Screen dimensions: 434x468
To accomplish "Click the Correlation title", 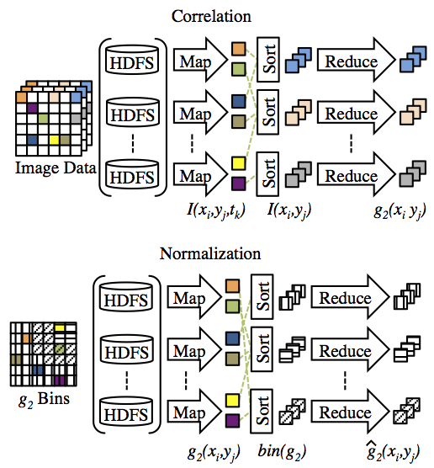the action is pyautogui.click(x=211, y=16).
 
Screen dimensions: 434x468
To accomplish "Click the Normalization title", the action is pyautogui.click(x=210, y=253).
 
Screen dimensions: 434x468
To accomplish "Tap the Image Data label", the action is pyautogui.click(x=56, y=168).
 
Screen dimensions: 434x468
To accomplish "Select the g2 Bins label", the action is pyautogui.click(x=44, y=399).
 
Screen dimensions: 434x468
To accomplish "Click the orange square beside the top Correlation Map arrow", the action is pyautogui.click(x=239, y=49).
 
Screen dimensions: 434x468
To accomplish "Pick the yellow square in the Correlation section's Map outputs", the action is pyautogui.click(x=239, y=163).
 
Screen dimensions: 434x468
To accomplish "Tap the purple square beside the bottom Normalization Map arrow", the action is pyautogui.click(x=232, y=421).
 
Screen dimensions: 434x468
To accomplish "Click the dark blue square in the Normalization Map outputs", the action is pyautogui.click(x=232, y=338).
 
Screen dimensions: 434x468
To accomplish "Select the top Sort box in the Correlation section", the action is pyautogui.click(x=268, y=59).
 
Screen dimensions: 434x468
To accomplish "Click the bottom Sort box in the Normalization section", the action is pyautogui.click(x=262, y=411).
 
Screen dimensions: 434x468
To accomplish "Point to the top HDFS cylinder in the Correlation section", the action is pyautogui.click(x=132, y=60).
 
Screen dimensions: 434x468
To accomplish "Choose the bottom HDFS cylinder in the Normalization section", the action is pyautogui.click(x=126, y=411).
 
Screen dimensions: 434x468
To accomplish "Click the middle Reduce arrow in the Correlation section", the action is pyautogui.click(x=356, y=113).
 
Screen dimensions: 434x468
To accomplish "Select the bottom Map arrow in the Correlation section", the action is pyautogui.click(x=200, y=174).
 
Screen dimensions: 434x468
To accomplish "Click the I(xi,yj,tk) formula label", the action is pyautogui.click(x=216, y=210).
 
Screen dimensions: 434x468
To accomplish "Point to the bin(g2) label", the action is pyautogui.click(x=282, y=451).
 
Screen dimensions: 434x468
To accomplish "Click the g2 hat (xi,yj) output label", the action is pyautogui.click(x=393, y=450).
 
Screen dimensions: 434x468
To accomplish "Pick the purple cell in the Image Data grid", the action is pyautogui.click(x=32, y=108).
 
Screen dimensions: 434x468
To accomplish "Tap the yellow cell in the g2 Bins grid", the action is pyautogui.click(x=60, y=328).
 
